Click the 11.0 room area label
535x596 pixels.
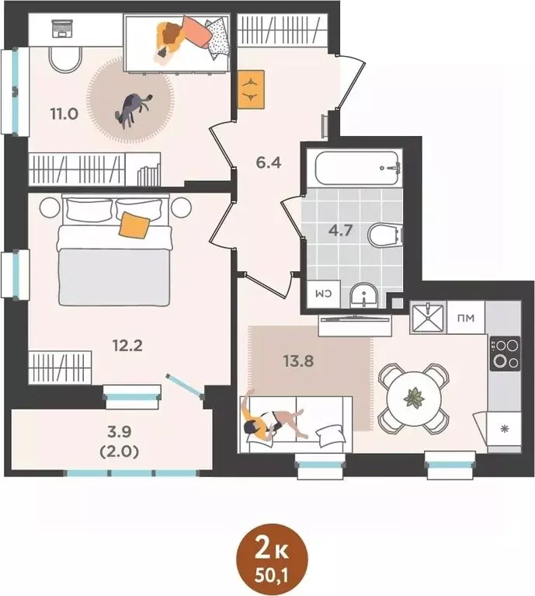click(x=64, y=113)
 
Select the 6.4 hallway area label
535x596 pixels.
click(x=268, y=164)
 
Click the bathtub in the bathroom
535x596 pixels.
click(x=354, y=166)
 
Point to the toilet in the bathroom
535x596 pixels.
click(x=383, y=234)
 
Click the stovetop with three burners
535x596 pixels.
click(x=505, y=353)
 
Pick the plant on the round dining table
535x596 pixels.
click(x=413, y=398)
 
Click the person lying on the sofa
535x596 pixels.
click(x=272, y=420)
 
